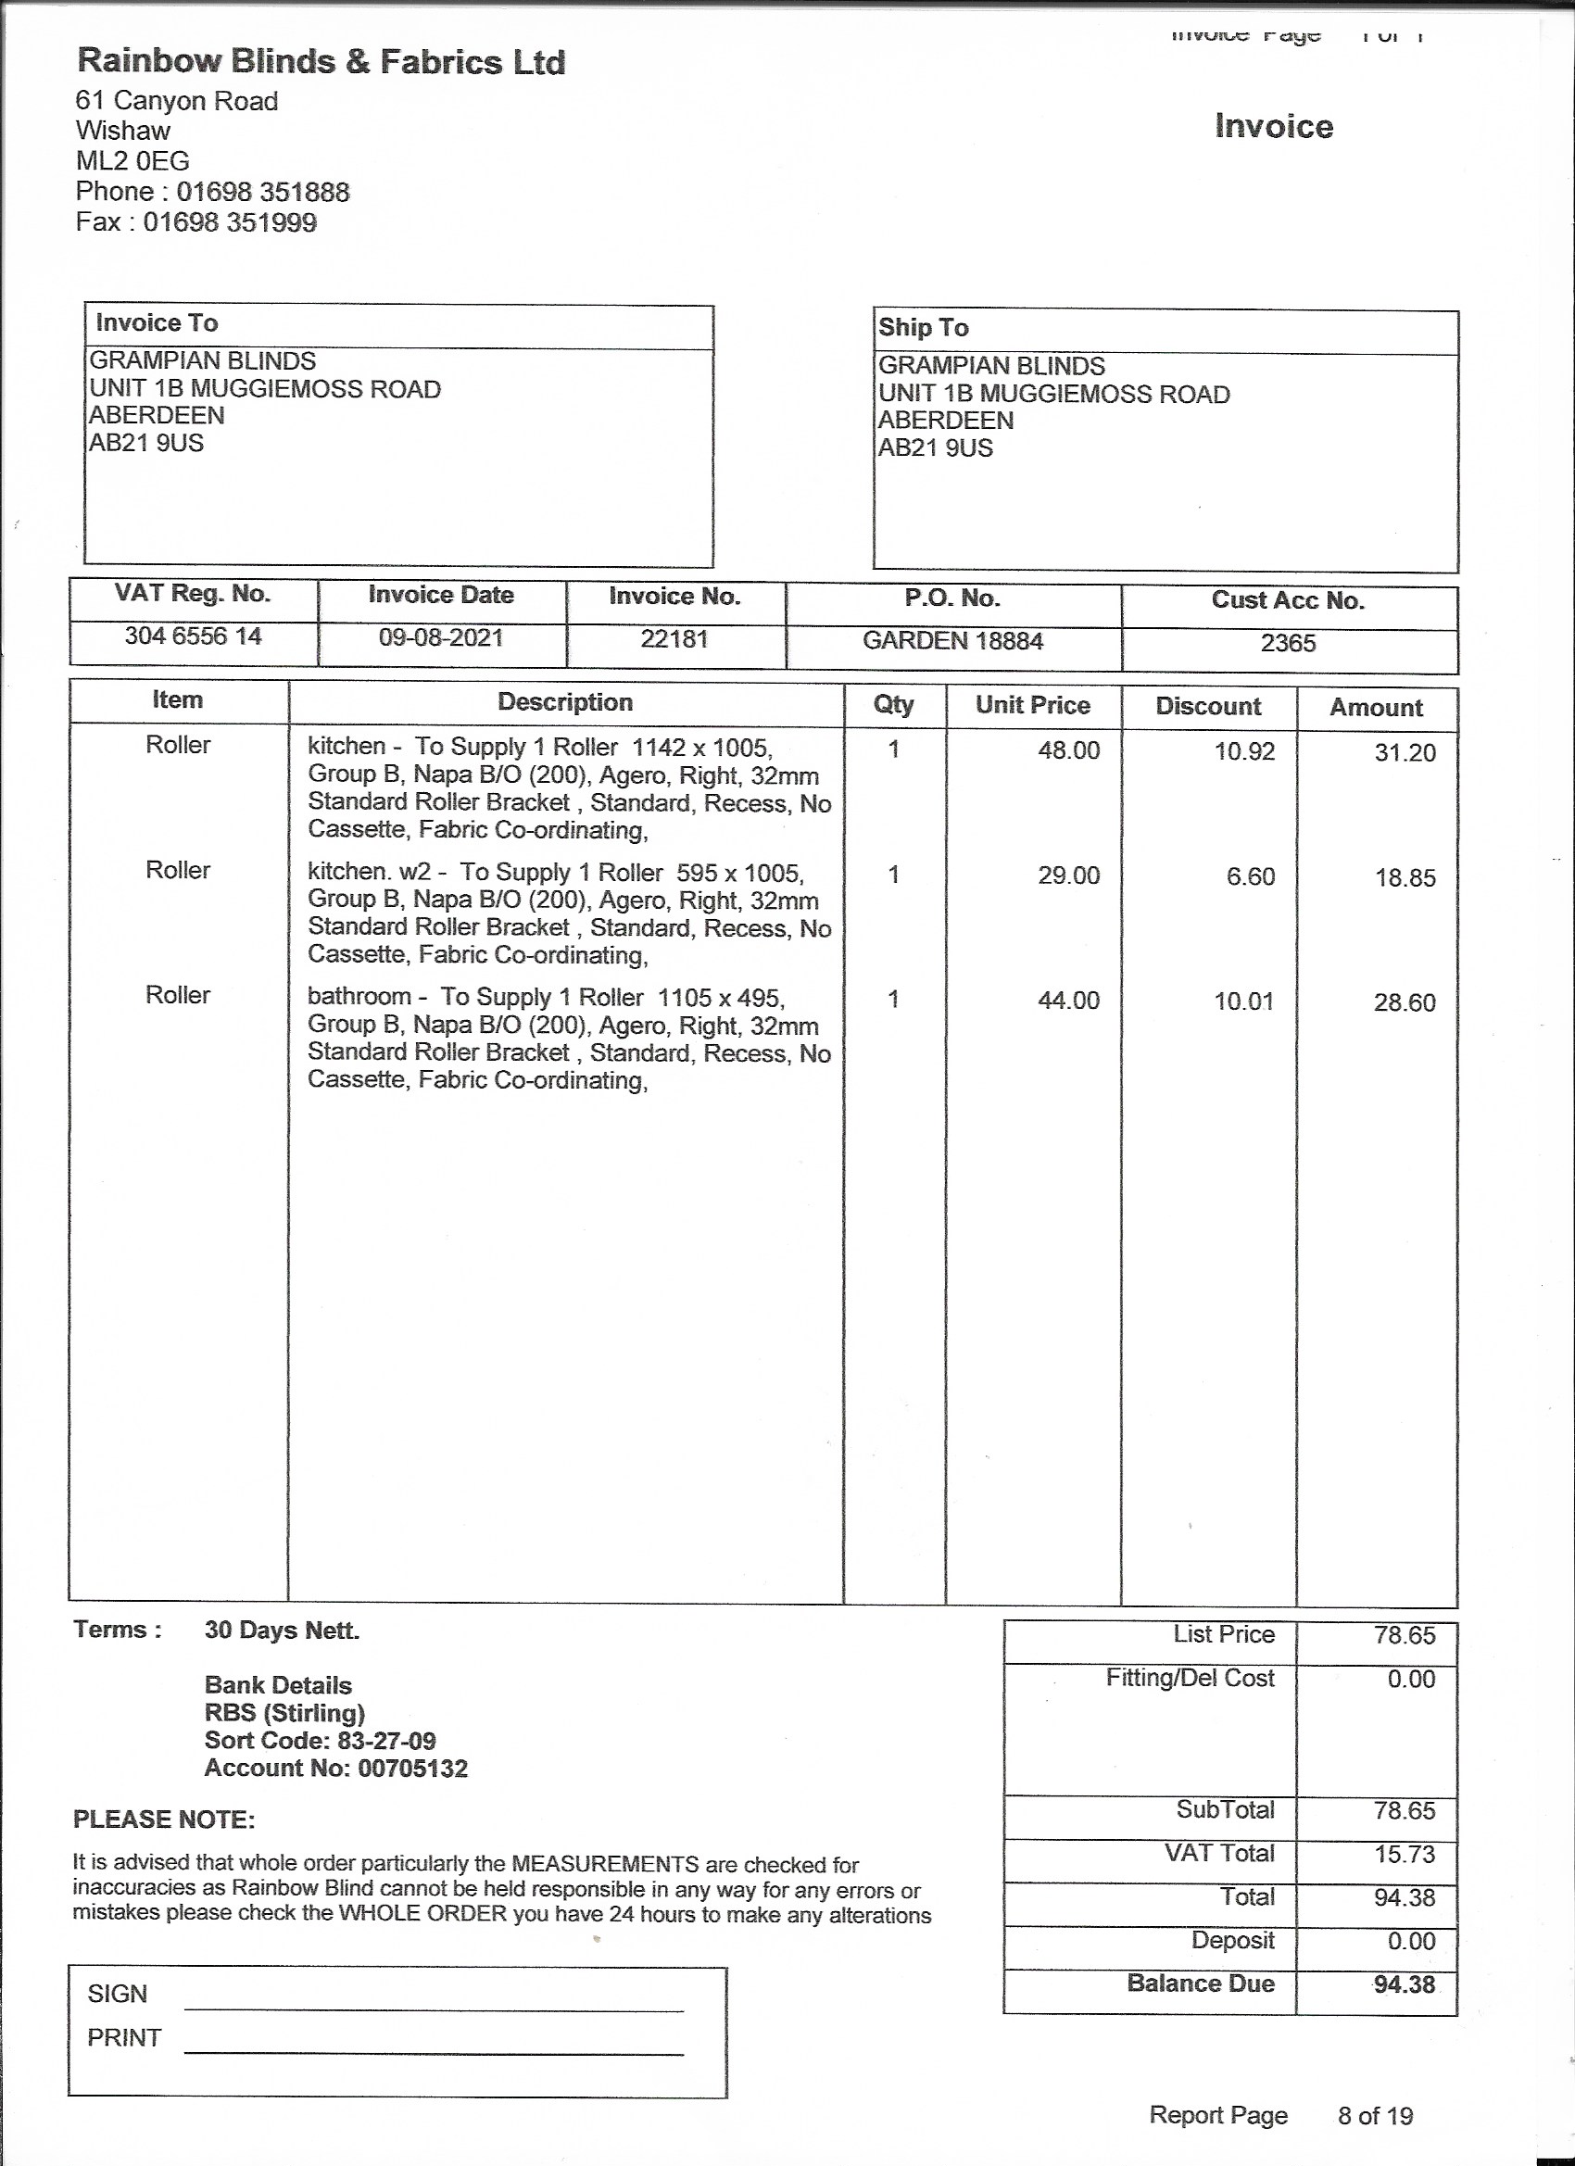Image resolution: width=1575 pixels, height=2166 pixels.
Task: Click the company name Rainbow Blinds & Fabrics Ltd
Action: (x=321, y=62)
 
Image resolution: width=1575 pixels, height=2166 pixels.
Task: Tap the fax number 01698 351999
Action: (x=229, y=222)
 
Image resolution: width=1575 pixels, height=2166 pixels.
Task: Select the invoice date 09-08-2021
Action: (x=441, y=637)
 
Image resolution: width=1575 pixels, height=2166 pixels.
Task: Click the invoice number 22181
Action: (x=674, y=638)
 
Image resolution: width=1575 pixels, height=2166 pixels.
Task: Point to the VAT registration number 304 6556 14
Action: (x=193, y=636)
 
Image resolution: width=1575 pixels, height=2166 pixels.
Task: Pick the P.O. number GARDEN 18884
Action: (x=952, y=640)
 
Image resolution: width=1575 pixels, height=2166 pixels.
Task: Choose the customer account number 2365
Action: (x=1288, y=643)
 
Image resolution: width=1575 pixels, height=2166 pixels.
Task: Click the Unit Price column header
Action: (x=1032, y=705)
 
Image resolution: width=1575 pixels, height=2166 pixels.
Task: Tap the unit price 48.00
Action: (x=1069, y=750)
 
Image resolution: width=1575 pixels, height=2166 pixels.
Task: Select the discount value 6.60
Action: (x=1250, y=875)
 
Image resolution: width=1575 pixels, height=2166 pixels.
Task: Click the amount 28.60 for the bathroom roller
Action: (x=1404, y=1001)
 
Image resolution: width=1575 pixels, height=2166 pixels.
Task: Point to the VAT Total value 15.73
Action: (x=1404, y=1854)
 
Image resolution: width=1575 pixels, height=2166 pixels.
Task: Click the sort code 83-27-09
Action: (x=387, y=1740)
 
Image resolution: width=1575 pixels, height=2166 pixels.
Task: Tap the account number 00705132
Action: (x=412, y=1768)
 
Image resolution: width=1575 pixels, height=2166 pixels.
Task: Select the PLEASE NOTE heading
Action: (x=164, y=1820)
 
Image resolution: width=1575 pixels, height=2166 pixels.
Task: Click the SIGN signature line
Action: (x=434, y=2009)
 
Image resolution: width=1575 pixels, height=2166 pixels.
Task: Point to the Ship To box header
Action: (x=924, y=328)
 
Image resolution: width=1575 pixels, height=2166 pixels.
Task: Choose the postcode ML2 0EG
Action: (x=132, y=160)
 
